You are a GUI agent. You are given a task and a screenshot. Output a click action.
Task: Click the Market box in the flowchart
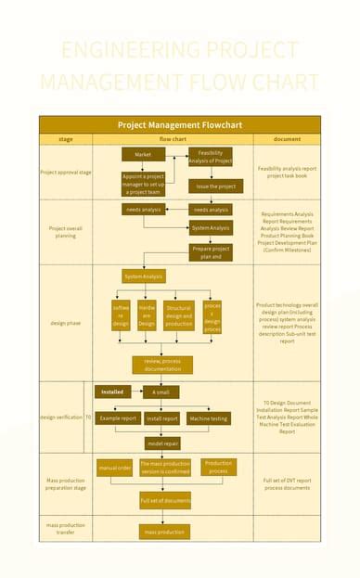tap(143, 154)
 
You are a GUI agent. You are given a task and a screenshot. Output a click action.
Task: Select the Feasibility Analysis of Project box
tap(211, 157)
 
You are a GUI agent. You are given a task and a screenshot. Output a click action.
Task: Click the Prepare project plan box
tap(212, 252)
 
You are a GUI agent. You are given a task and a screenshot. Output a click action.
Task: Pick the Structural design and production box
tap(179, 316)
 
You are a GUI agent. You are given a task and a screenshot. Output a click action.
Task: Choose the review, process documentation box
tap(162, 365)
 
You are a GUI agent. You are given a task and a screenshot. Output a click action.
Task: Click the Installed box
tap(112, 392)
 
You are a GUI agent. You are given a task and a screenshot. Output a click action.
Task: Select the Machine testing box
tap(208, 418)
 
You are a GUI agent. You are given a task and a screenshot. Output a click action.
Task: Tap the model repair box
tap(162, 443)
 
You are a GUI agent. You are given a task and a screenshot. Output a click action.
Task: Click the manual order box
tap(115, 469)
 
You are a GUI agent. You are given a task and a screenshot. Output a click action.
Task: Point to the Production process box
tap(218, 468)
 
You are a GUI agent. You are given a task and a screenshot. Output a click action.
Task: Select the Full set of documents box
tap(165, 500)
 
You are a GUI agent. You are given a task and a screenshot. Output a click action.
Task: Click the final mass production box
tap(164, 532)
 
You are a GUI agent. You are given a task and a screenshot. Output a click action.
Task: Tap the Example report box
tap(118, 418)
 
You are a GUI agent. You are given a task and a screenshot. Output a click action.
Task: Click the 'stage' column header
tap(66, 139)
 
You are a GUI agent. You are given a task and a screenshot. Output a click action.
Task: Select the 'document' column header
tap(287, 139)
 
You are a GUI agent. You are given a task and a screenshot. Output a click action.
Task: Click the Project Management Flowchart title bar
tap(180, 124)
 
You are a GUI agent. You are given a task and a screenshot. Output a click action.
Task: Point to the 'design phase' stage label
tap(66, 323)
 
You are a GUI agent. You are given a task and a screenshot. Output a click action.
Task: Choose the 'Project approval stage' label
tap(66, 173)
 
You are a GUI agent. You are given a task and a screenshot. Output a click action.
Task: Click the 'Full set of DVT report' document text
tap(288, 481)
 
